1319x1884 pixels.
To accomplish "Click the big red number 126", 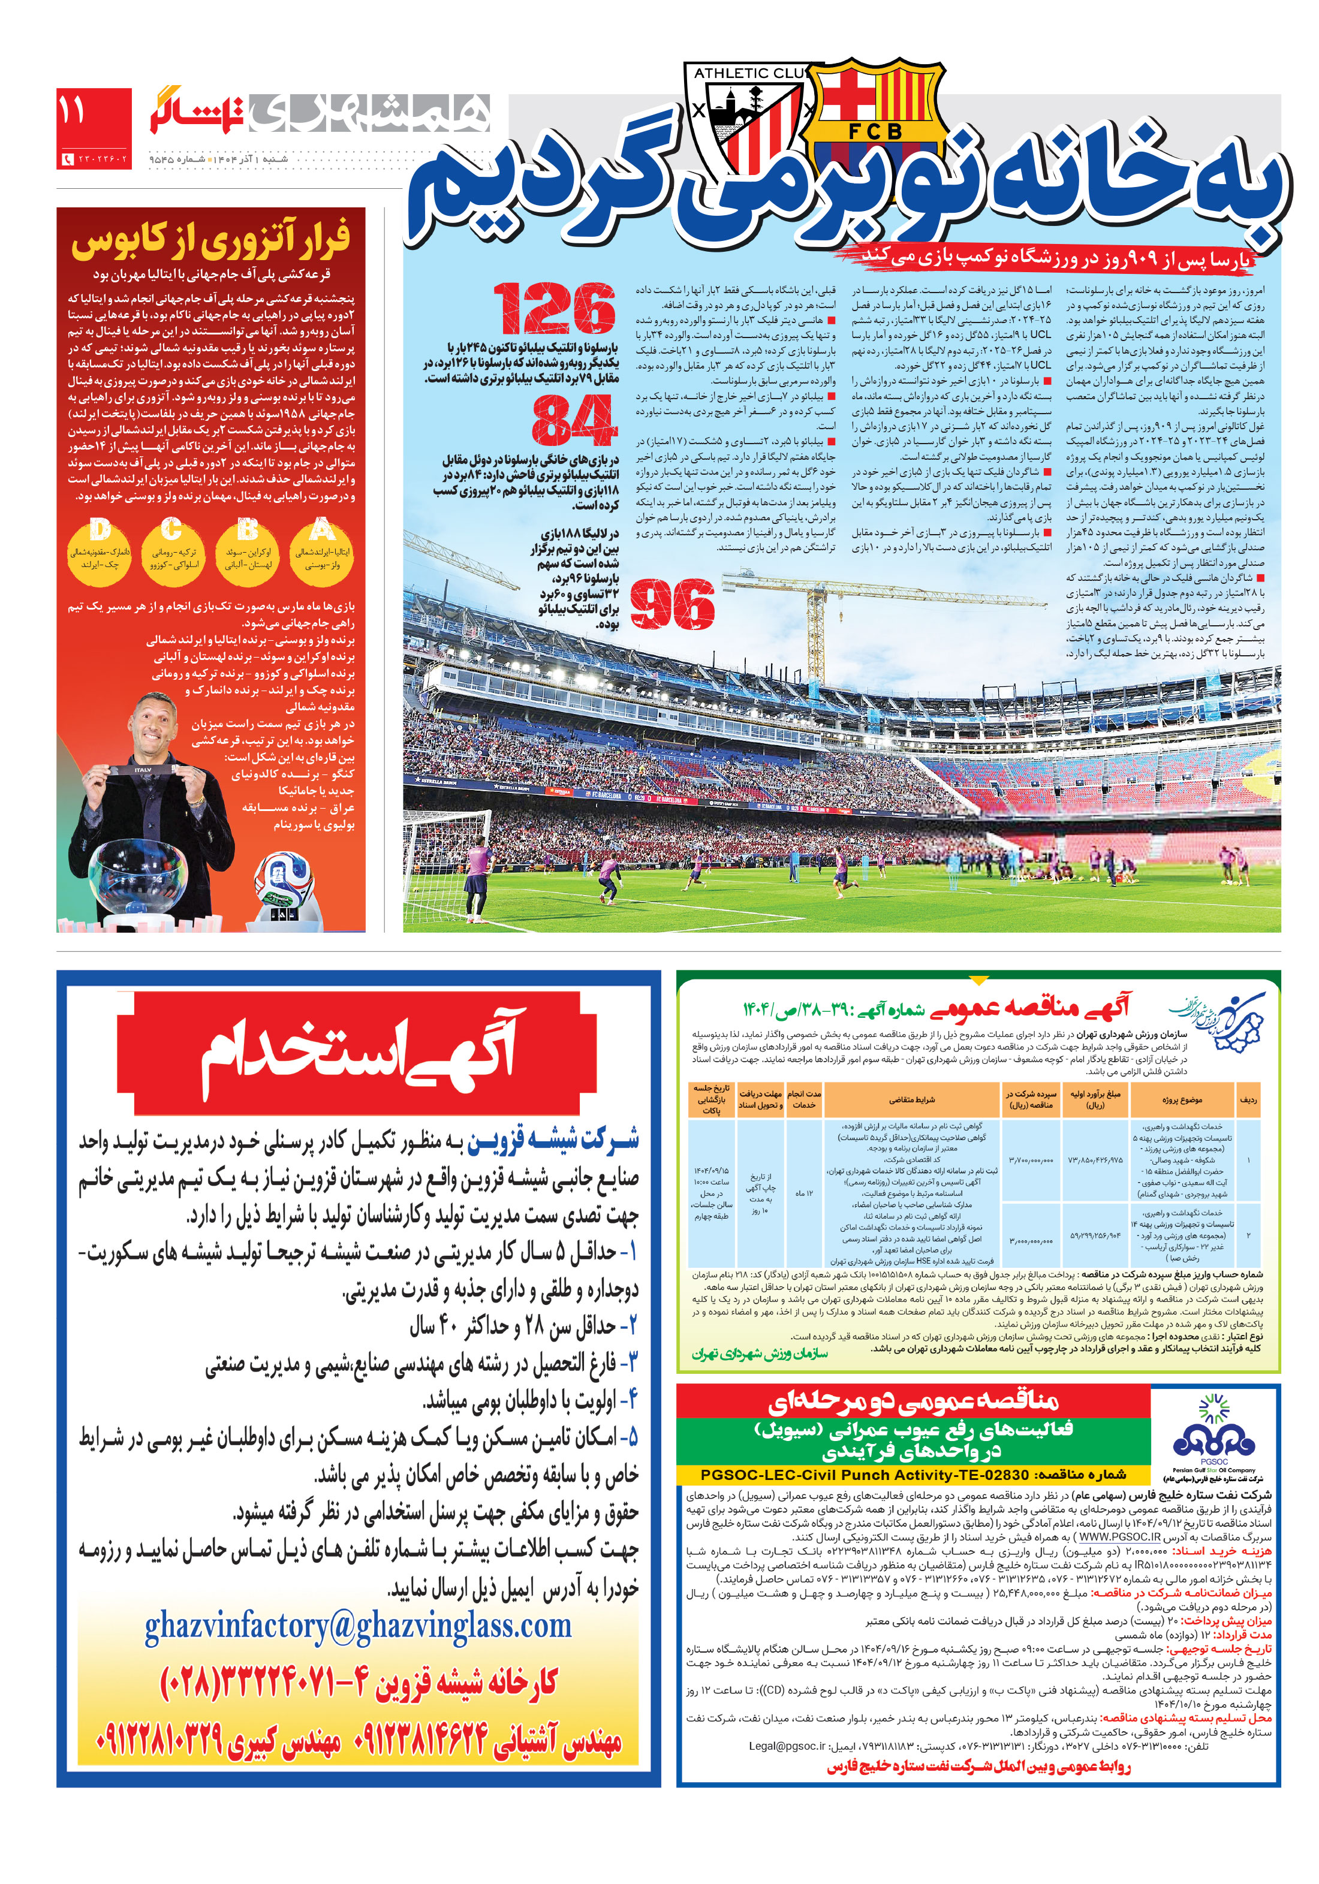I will coord(555,309).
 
